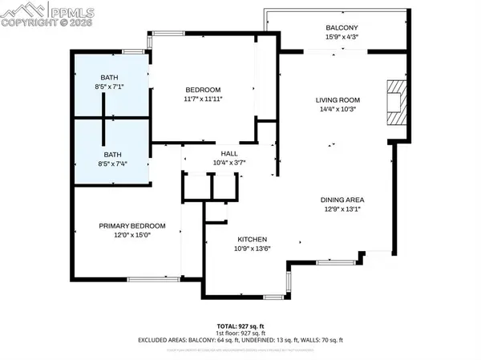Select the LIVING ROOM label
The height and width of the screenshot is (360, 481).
335,100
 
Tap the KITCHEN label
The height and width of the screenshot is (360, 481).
252,240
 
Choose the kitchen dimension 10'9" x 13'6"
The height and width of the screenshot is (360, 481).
252,249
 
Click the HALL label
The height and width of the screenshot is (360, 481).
229,152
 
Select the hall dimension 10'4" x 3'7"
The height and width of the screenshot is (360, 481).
229,162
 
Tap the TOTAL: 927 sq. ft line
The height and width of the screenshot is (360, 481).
240,326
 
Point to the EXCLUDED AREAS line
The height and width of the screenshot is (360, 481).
240,340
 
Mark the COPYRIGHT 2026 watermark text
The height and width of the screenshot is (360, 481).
36,24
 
